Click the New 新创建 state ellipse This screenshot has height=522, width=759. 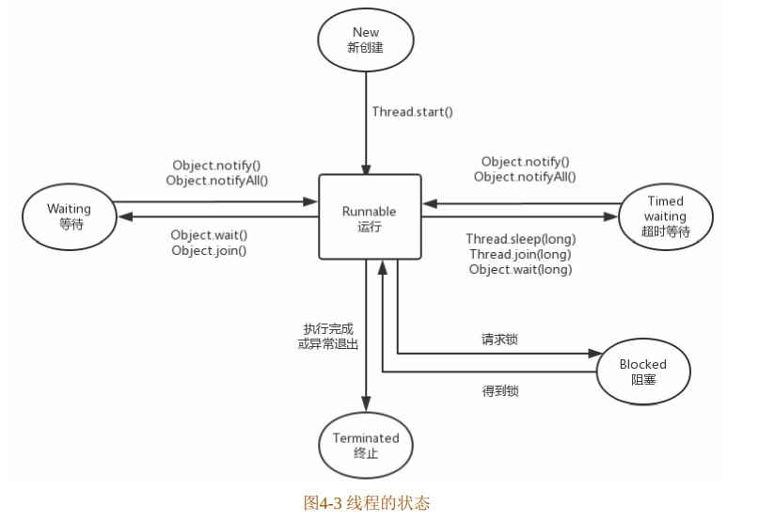point(365,40)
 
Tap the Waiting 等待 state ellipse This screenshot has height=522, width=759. point(69,216)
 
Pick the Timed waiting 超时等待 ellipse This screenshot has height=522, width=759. point(665,216)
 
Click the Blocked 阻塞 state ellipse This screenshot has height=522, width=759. point(642,372)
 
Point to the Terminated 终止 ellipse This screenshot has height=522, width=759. point(365,446)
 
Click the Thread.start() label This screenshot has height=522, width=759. point(412,112)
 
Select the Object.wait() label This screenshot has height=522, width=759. point(210,234)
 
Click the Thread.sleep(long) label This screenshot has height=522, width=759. point(520,239)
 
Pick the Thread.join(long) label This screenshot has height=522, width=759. point(518,254)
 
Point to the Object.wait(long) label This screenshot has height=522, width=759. point(520,270)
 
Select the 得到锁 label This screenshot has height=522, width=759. point(498,389)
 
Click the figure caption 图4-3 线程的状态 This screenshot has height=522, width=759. point(367,502)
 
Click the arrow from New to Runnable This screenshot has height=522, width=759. point(365,122)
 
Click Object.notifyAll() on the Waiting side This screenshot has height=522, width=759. point(217,180)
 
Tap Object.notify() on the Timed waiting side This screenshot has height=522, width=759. point(525,162)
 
